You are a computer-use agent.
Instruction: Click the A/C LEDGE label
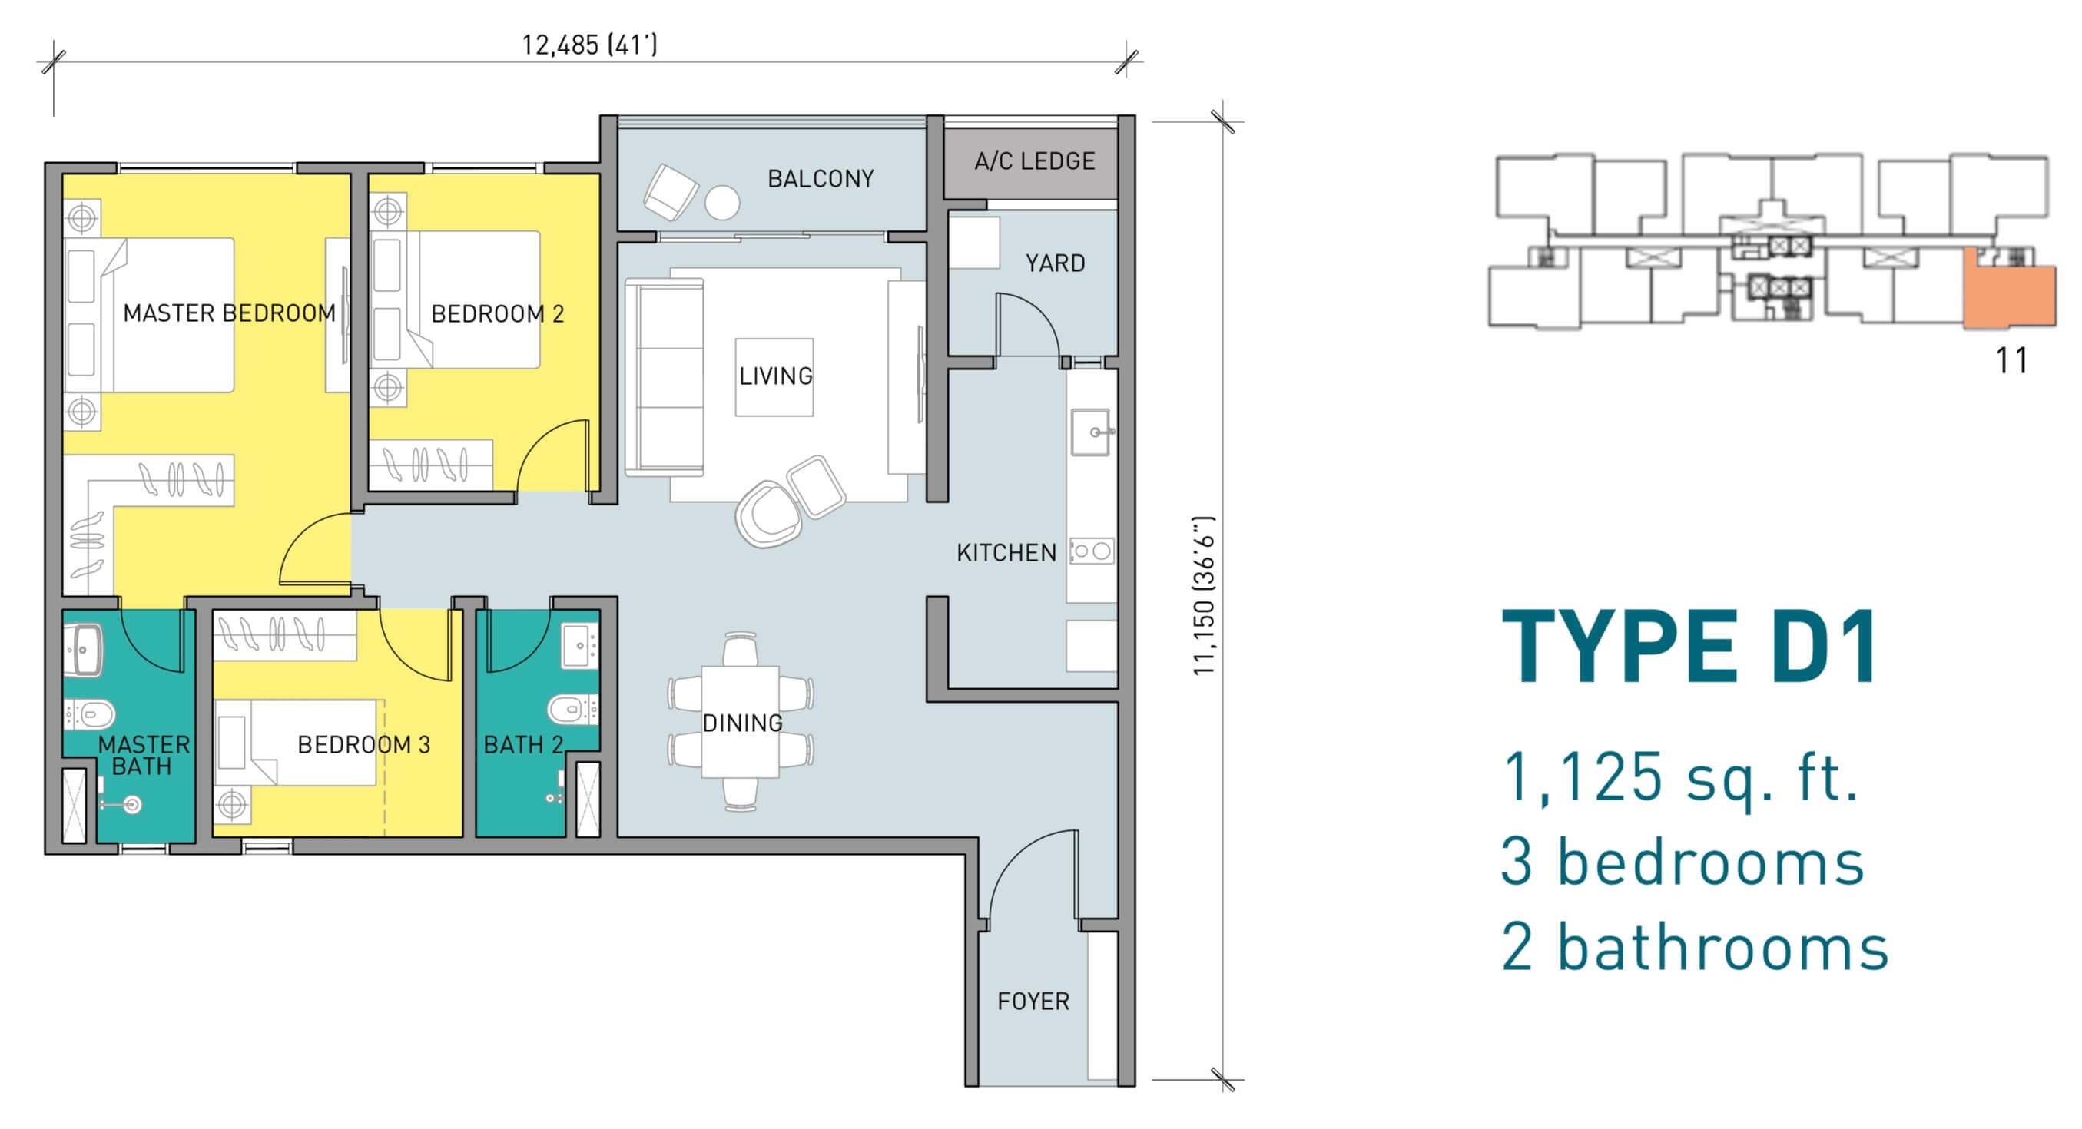(x=1035, y=161)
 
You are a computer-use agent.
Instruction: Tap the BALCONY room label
(x=821, y=179)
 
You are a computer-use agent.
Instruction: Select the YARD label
(x=1055, y=263)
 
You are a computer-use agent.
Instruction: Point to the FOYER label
(x=1033, y=1002)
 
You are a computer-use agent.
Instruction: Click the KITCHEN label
(x=1006, y=553)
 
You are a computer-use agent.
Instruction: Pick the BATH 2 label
(x=523, y=744)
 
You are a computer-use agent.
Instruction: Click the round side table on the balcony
(x=721, y=203)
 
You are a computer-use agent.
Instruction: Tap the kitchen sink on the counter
(x=1092, y=432)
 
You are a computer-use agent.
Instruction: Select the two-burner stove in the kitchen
(x=1092, y=551)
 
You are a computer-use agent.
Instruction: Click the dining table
(x=741, y=722)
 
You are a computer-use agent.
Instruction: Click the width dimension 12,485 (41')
(x=589, y=45)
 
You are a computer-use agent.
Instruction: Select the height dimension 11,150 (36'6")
(x=1205, y=596)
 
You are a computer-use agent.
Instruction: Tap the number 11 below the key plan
(x=2011, y=360)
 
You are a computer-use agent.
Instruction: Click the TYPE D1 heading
(x=1689, y=647)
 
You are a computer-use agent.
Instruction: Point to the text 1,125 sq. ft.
(x=1679, y=776)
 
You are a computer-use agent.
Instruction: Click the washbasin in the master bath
(x=83, y=649)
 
